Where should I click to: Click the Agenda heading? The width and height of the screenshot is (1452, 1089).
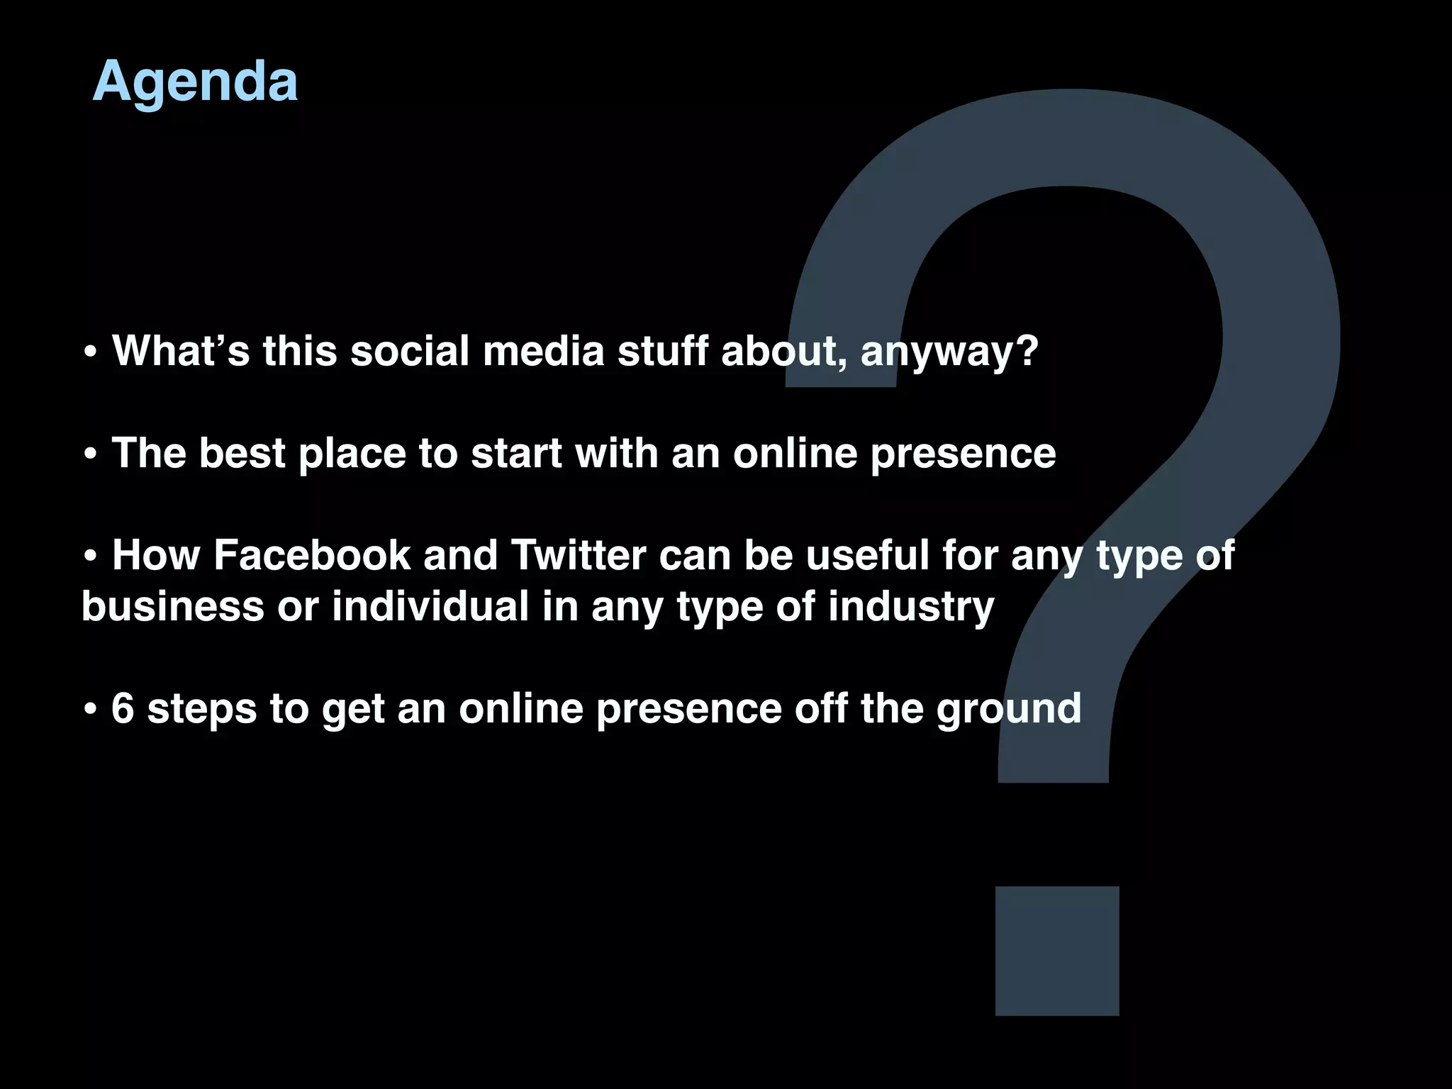tap(195, 82)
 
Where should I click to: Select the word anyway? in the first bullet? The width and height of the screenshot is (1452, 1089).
tap(949, 352)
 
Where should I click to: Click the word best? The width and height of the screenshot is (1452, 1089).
tap(242, 453)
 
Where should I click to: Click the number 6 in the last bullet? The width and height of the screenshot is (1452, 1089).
tap(123, 708)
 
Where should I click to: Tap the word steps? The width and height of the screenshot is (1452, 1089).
tap(202, 709)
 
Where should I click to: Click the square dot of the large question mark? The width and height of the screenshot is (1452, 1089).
tap(1057, 951)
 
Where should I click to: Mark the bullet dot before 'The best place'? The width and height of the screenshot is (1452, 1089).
tap(90, 455)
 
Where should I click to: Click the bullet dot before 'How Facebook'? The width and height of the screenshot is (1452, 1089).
tap(90, 557)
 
